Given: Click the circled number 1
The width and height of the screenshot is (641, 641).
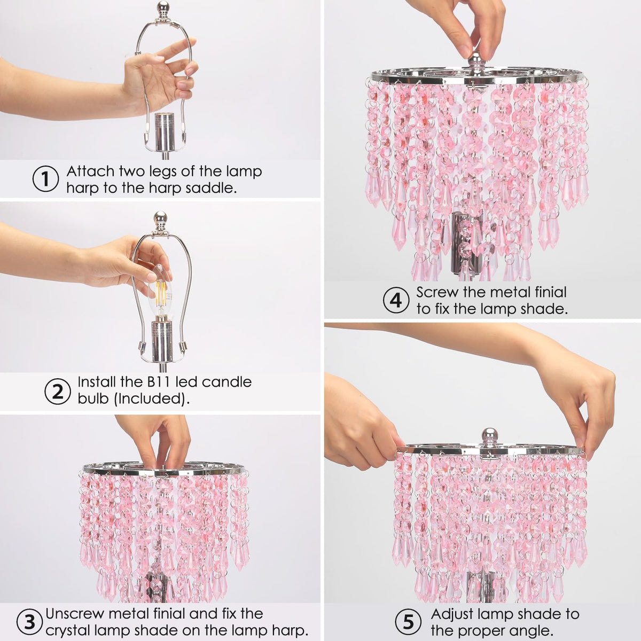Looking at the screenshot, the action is pos(45,179).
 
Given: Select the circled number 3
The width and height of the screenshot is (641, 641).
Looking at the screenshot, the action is pos(29,621).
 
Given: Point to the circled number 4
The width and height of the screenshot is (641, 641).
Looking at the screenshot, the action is pos(396,301).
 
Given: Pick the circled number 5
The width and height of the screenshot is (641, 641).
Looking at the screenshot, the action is pos(409,621).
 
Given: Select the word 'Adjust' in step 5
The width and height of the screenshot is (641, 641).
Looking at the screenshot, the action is pos(455,615).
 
